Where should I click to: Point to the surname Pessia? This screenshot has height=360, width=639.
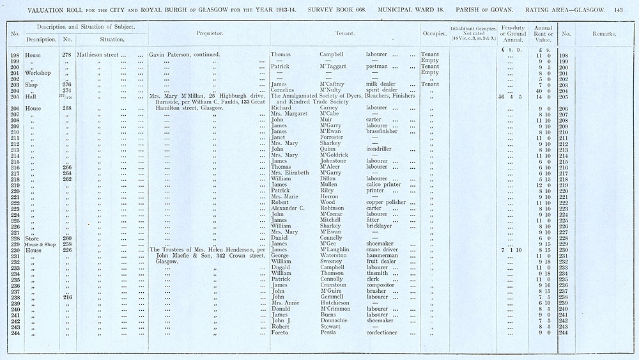[328, 333]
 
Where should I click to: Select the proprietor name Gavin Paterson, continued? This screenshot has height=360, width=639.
[185, 55]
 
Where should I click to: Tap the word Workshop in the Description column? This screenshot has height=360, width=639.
[38, 73]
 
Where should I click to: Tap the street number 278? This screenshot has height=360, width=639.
[66, 55]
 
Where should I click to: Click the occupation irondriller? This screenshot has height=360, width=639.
[379, 150]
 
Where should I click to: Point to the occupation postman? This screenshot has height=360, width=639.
[377, 67]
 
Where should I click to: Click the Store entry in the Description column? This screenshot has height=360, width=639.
[33, 238]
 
